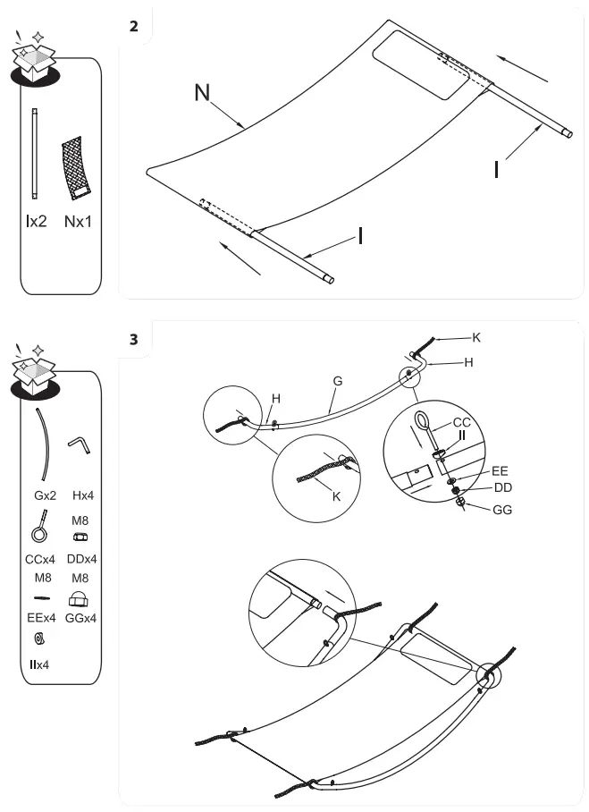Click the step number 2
[134, 25]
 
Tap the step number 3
[134, 339]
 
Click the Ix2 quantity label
[36, 221]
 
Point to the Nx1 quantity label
[78, 221]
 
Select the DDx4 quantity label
[81, 560]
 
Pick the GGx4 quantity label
[81, 617]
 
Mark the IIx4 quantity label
[38, 665]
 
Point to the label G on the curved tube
[337, 380]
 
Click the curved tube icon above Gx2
[43, 444]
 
